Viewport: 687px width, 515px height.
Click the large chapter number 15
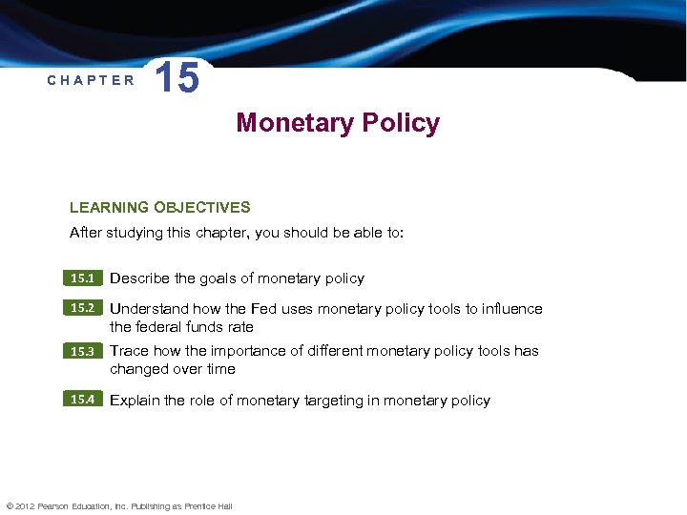177,77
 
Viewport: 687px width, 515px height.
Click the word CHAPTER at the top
92,80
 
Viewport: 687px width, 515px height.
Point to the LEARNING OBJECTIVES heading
159,207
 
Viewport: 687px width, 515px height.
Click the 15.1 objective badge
83,278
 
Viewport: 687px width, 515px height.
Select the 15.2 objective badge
83,308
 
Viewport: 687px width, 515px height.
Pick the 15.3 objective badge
83,351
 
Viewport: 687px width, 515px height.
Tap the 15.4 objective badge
83,400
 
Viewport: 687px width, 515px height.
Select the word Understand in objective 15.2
149,309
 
